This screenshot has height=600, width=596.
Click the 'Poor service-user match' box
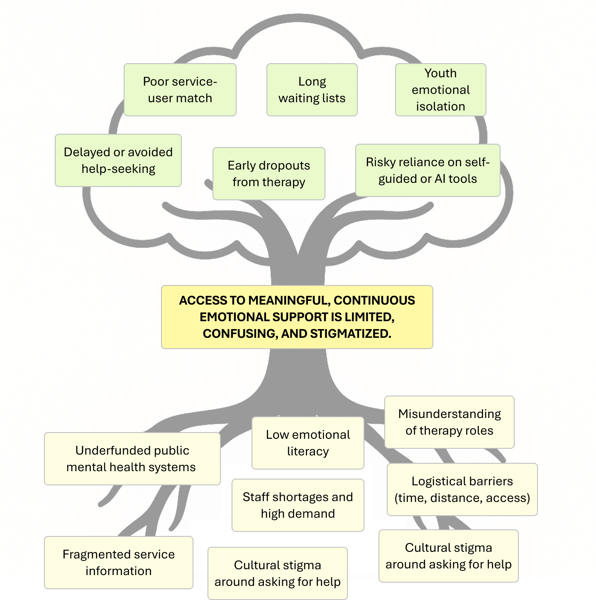pos(180,90)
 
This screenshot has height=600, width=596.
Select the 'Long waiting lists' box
pos(312,90)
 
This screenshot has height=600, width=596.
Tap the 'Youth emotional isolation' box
pos(440,90)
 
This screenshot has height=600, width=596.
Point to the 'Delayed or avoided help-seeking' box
pos(118,160)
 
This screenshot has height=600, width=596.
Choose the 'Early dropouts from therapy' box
pos(269,174)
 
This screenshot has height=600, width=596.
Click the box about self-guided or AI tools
pos(427,170)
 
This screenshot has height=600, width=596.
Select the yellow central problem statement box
pos(297,317)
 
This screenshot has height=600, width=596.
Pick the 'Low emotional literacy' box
pos(308,443)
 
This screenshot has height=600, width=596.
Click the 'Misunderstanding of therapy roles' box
pos(449,422)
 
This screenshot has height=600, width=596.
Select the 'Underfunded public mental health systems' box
pos(132,459)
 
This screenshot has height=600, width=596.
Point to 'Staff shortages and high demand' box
pos(298,505)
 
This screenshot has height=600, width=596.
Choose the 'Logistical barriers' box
pos(462,489)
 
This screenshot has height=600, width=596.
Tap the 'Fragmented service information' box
pos(118,563)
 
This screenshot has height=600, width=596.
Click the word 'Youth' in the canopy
pos(440,74)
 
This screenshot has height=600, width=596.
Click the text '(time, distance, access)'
pos(462,498)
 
